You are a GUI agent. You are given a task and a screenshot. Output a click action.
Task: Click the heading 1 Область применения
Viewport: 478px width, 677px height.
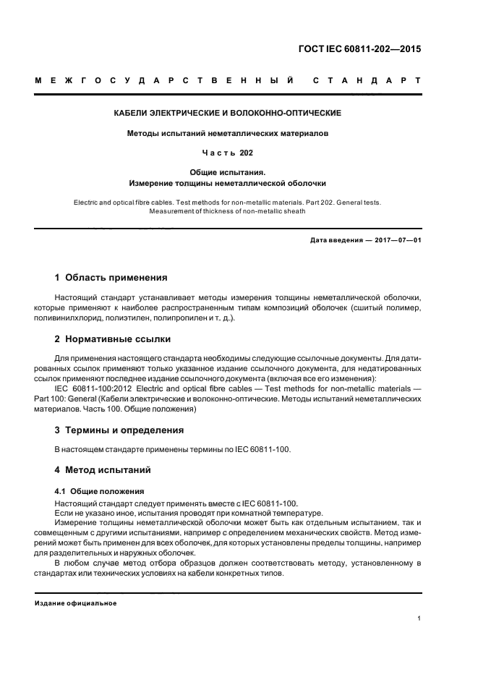click(x=111, y=277)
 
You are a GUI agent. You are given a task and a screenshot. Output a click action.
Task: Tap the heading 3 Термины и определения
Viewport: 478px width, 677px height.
click(x=119, y=430)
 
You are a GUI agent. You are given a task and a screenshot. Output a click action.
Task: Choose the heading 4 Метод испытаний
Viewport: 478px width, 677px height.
click(x=103, y=469)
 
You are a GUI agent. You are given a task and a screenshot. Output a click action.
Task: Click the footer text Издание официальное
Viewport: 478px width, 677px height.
click(x=76, y=603)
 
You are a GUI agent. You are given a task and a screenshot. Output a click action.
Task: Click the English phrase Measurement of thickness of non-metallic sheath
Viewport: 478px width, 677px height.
click(x=227, y=212)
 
